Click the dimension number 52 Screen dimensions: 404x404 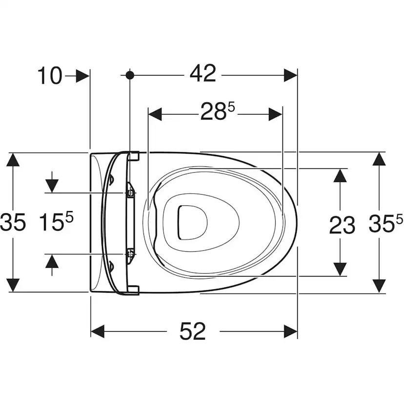192,331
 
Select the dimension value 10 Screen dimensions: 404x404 50,76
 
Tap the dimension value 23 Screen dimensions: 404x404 342,225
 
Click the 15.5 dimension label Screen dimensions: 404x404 56,221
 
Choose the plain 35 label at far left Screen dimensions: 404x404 13,222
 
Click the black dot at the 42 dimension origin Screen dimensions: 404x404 130,75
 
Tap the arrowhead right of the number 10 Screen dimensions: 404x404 83,76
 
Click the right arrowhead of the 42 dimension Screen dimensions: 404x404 290,75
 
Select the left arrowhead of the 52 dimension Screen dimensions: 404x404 98,331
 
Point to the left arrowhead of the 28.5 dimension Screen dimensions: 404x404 155,114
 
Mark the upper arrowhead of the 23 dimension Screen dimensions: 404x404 340,176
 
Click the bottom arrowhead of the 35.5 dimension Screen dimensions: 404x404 379,286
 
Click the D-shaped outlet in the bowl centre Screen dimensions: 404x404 192,222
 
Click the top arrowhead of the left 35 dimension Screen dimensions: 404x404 13,160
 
